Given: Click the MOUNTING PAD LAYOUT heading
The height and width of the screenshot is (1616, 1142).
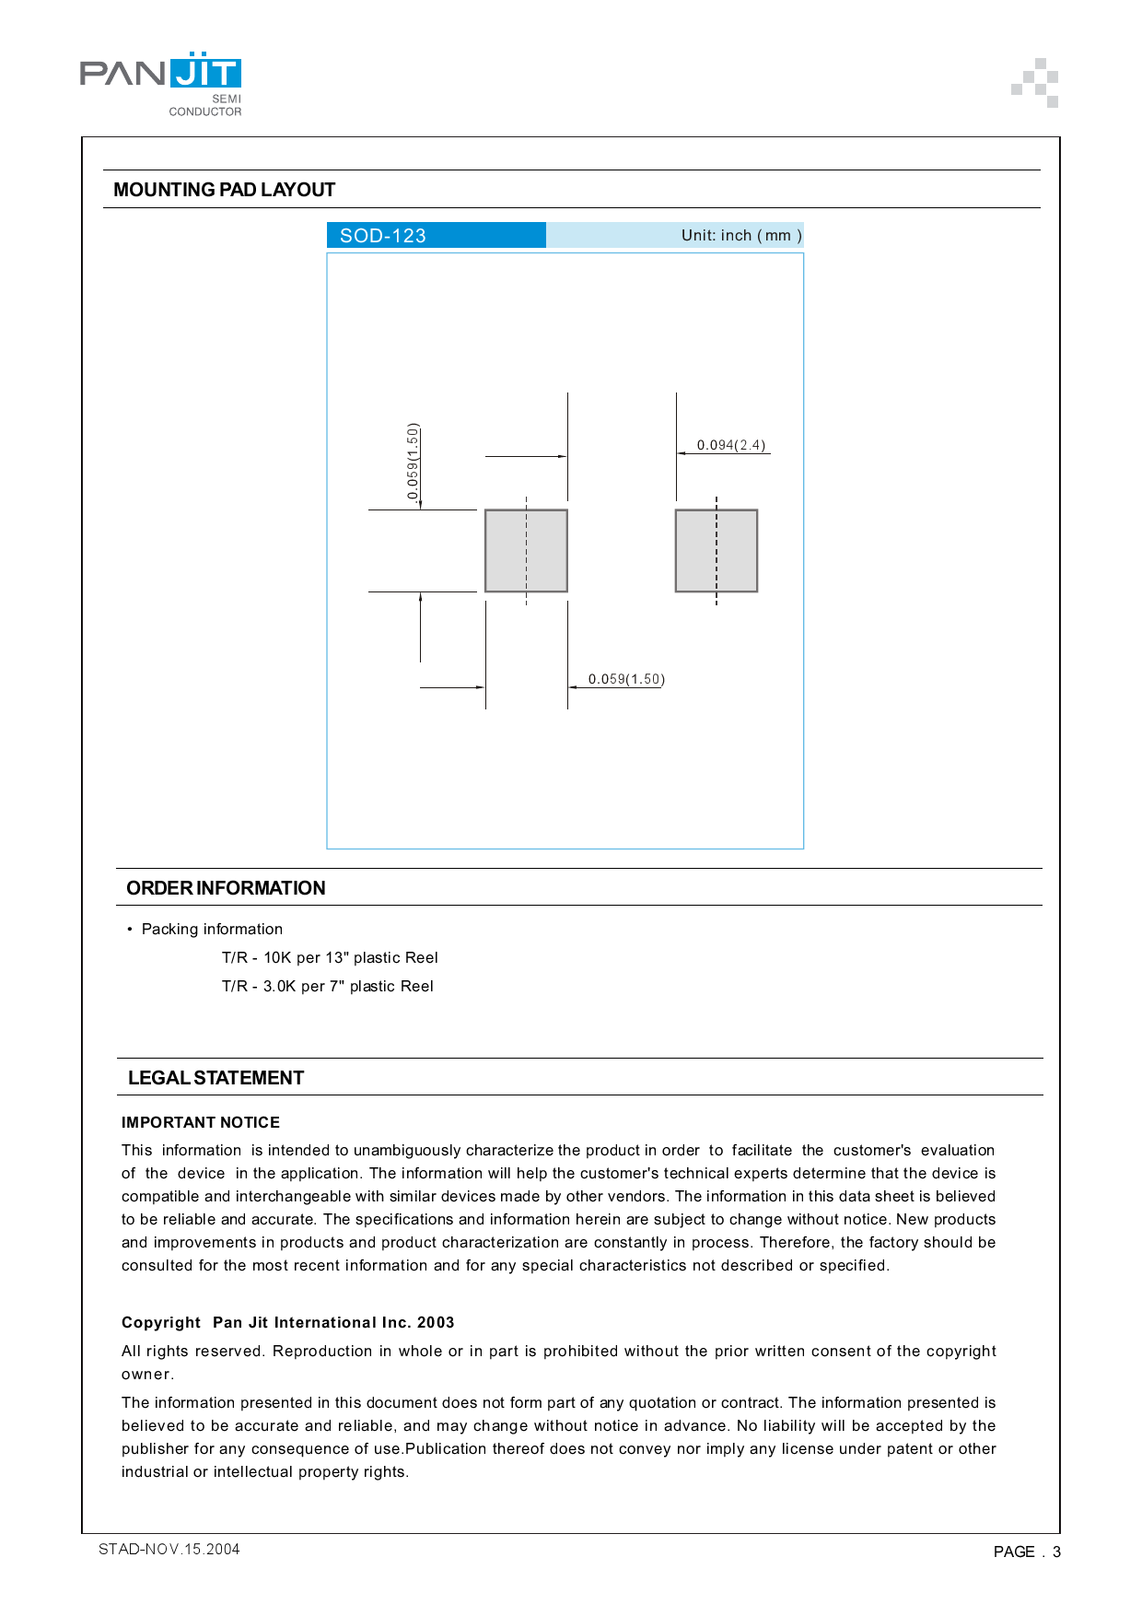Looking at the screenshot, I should (224, 190).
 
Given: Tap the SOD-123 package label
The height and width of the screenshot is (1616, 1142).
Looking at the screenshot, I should (383, 236).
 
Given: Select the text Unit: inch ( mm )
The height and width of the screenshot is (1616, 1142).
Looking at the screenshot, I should (740, 236).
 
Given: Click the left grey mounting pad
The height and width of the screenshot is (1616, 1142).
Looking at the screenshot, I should (526, 551).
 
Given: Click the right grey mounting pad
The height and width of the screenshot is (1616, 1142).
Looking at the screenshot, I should (717, 551).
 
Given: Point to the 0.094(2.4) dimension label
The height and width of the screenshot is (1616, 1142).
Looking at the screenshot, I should (730, 445).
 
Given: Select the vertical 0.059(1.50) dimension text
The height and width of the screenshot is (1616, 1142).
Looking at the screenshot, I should (413, 462).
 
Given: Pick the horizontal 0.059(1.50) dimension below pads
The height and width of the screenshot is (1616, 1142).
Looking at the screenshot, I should (626, 679).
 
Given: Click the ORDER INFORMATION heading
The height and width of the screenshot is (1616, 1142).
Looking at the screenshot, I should (226, 888).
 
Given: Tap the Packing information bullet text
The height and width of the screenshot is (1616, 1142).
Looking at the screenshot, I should (212, 929).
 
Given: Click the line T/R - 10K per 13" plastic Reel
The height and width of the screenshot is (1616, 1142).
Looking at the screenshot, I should (330, 957).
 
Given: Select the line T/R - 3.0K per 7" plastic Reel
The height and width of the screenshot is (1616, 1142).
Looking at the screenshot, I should (327, 986).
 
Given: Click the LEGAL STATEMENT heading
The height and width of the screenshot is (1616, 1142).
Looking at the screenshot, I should (216, 1078).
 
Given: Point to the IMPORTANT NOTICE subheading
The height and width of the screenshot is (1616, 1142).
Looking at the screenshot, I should (201, 1122).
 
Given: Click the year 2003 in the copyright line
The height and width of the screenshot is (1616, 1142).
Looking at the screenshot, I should (436, 1322).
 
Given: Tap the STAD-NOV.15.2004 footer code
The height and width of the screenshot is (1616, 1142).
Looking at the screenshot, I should (169, 1549).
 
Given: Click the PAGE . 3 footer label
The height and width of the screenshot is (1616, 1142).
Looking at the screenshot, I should (1026, 1552).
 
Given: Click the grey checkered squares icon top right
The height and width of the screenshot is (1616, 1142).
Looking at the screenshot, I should (1035, 83).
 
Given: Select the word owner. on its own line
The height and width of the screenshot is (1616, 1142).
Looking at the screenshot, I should (147, 1374).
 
